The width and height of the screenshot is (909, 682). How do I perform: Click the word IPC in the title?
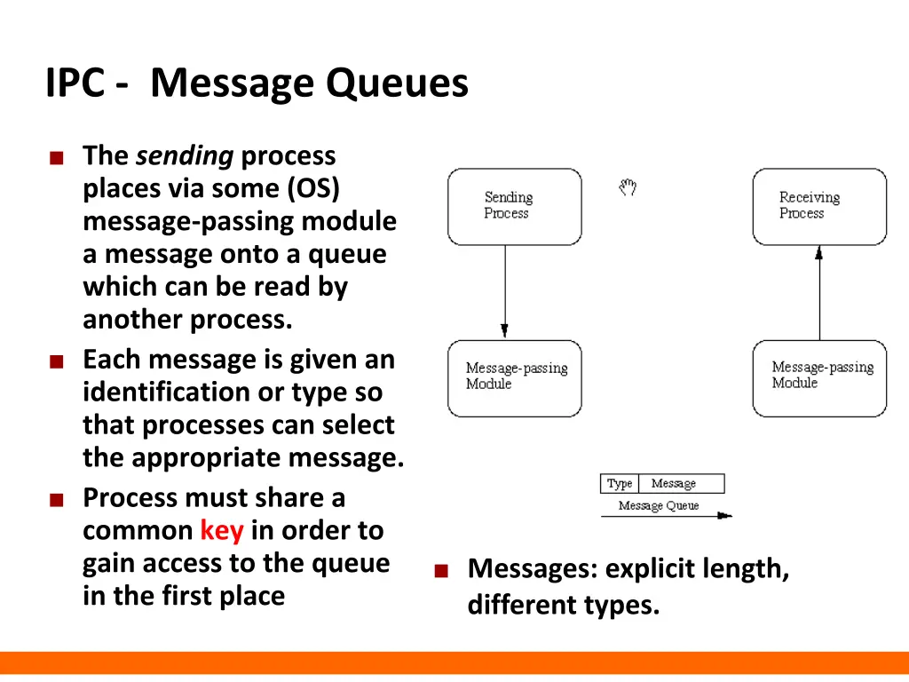click(x=78, y=84)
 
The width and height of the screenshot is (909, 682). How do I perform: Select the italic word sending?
click(x=185, y=156)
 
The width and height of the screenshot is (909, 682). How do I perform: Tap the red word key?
click(x=221, y=531)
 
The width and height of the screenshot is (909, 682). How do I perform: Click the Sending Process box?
click(x=514, y=206)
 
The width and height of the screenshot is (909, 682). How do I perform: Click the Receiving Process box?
click(x=818, y=206)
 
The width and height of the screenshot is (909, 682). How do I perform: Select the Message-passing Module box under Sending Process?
click(x=514, y=377)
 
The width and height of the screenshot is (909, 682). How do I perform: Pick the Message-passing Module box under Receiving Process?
click(x=818, y=377)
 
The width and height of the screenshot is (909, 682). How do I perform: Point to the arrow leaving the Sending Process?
click(x=505, y=292)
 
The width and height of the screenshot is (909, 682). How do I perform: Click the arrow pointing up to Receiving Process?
click(x=819, y=292)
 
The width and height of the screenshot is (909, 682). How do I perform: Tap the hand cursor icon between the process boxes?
click(x=628, y=187)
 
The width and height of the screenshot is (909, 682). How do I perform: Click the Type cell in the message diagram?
click(x=620, y=484)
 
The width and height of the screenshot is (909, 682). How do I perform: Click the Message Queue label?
click(x=658, y=505)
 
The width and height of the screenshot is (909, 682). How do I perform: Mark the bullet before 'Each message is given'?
click(x=56, y=362)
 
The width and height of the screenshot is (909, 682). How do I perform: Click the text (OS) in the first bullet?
click(x=313, y=189)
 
